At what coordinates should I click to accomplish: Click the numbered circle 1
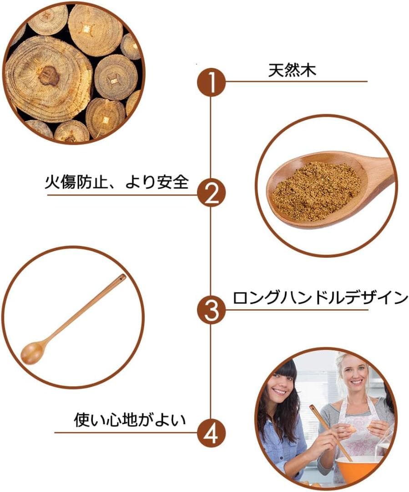(x=211, y=82)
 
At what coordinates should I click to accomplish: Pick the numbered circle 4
(x=211, y=431)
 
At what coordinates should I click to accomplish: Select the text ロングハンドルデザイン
(x=320, y=298)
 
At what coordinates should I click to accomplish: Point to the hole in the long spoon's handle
(x=121, y=277)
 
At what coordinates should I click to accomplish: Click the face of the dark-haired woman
(x=281, y=386)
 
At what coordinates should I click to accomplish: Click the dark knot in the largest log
(x=49, y=76)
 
